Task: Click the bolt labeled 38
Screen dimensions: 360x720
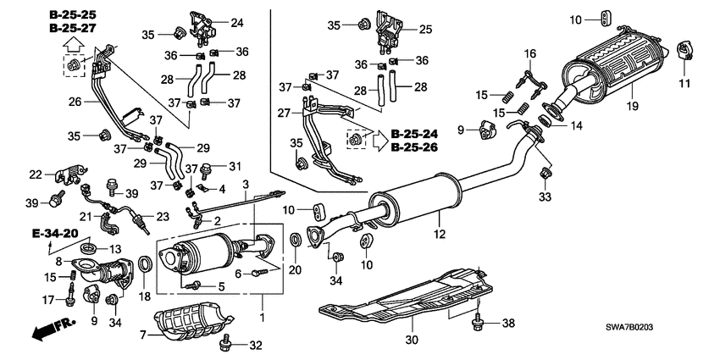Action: [480, 322]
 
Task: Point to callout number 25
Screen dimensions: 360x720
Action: [425, 29]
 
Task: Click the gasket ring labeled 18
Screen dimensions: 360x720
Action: [145, 266]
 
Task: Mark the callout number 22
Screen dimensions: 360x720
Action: [36, 174]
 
